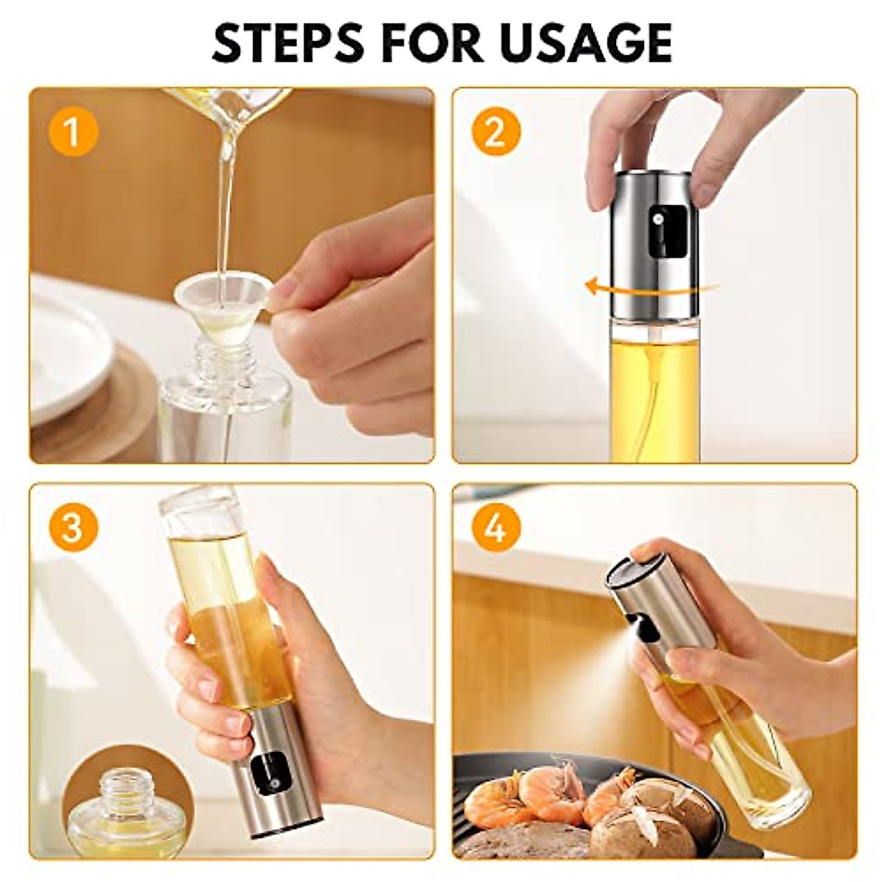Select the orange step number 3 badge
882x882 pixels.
coord(72,527)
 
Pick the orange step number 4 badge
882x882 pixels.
coord(495,527)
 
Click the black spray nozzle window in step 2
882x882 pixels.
coord(667,231)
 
